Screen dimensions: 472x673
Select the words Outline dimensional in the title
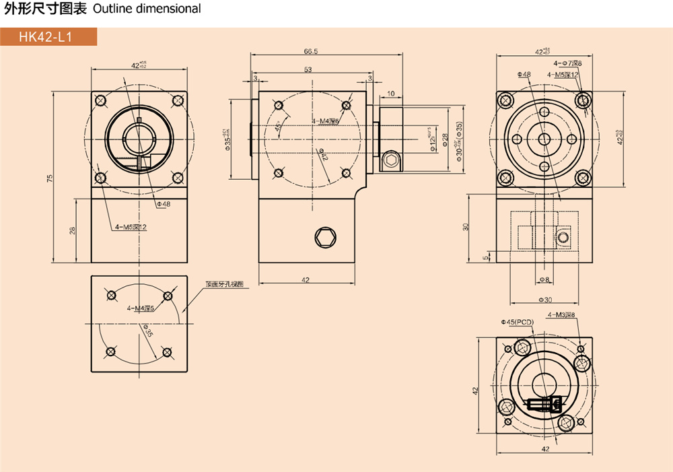pyautogui.click(x=147, y=9)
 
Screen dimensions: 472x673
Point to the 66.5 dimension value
pyautogui.click(x=310, y=51)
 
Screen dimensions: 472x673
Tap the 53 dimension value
pyautogui.click(x=308, y=69)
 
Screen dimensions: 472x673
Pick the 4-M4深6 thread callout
pyautogui.click(x=325, y=121)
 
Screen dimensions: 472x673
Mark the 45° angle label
pyautogui.click(x=278, y=126)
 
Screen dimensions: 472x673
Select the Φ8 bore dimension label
pyautogui.click(x=544, y=279)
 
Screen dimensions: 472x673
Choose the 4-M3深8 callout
pyautogui.click(x=561, y=315)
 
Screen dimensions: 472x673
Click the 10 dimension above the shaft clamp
pyautogui.click(x=391, y=94)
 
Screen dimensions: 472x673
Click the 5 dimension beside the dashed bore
pyautogui.click(x=485, y=257)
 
